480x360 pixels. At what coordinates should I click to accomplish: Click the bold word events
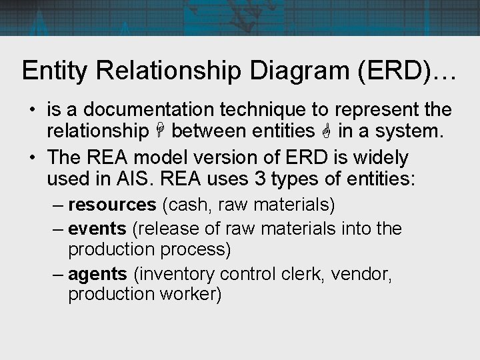click(x=97, y=229)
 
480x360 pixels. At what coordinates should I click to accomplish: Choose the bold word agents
click(x=97, y=273)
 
